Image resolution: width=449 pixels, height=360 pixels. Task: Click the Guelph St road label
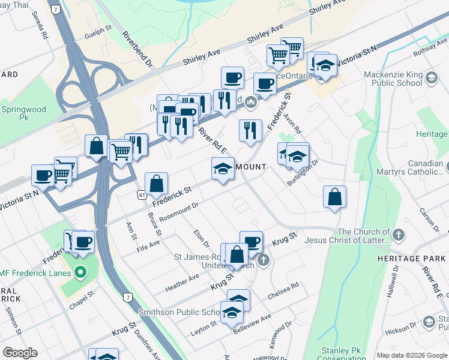[x=100, y=28]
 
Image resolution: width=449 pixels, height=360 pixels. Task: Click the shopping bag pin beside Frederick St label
[x=156, y=184]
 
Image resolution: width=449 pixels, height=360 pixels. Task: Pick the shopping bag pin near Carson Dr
[x=334, y=197]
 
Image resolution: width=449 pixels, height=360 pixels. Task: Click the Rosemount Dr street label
[x=178, y=214]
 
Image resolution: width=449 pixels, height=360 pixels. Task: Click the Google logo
[x=20, y=353]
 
